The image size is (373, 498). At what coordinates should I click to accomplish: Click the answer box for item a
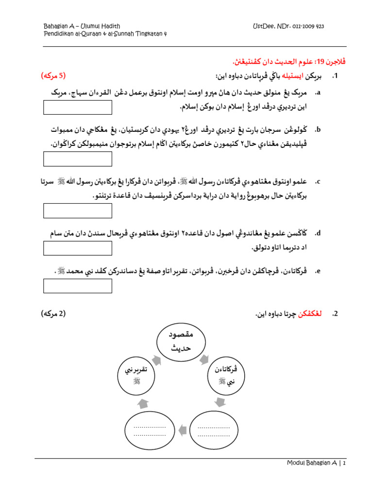[78, 107]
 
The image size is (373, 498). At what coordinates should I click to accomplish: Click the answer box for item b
[78, 159]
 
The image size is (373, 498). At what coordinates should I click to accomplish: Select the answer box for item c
[78, 211]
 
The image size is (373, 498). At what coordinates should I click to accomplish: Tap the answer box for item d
[78, 248]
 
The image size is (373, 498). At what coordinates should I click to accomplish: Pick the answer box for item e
[78, 286]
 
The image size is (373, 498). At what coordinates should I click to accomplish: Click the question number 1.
[335, 76]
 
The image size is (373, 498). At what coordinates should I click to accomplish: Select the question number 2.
[335, 315]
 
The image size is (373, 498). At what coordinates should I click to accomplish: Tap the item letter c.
[318, 182]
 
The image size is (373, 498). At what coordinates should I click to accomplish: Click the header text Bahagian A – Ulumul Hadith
[82, 26]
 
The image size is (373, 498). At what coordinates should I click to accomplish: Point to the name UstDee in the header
[263, 26]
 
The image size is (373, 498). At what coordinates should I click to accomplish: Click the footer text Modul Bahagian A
[312, 464]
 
